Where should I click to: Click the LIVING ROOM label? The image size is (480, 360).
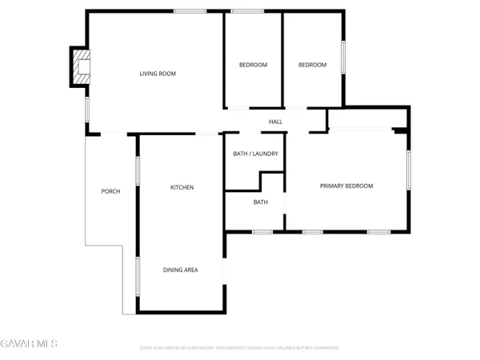click(x=157, y=74)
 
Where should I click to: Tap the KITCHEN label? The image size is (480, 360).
click(x=182, y=187)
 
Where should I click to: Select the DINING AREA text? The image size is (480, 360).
click(x=180, y=270)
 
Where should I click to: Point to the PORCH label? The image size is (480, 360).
click(x=110, y=191)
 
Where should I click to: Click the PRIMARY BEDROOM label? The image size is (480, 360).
click(x=346, y=186)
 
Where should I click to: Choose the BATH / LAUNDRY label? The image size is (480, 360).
click(x=255, y=153)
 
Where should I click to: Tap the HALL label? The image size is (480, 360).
click(x=275, y=122)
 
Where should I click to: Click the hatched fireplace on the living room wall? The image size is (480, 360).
click(x=79, y=66)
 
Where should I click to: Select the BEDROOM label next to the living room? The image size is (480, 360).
click(x=254, y=65)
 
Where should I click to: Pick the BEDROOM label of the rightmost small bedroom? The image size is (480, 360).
click(x=313, y=65)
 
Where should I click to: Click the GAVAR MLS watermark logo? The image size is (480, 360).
click(x=29, y=344)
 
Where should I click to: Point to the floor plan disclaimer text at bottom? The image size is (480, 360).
click(x=239, y=348)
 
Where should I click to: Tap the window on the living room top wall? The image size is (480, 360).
click(x=186, y=11)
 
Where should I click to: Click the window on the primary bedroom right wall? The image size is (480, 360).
click(x=408, y=170)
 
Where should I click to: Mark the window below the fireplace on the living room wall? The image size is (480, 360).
click(x=87, y=110)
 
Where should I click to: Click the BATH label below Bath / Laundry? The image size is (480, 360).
click(x=261, y=202)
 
